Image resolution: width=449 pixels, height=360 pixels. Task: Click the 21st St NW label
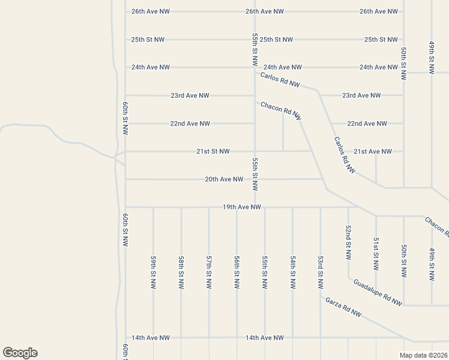[212, 151]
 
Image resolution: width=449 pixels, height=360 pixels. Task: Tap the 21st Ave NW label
[372, 151]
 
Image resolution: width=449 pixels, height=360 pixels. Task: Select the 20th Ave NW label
[224, 179]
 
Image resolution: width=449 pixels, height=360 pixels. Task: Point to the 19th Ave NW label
[241, 207]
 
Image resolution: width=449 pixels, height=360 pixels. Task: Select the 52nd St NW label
[348, 242]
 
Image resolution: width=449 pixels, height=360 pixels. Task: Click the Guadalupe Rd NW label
[377, 293]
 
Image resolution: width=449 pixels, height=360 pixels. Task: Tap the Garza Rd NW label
[344, 307]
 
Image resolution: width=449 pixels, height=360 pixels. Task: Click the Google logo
[20, 353]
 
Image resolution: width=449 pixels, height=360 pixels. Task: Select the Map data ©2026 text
[424, 355]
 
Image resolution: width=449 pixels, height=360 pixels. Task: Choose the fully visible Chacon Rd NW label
[281, 111]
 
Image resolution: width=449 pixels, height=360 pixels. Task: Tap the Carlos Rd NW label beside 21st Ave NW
[345, 155]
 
